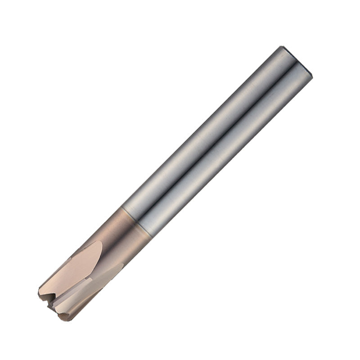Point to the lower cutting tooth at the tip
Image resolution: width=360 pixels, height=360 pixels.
point(63,315)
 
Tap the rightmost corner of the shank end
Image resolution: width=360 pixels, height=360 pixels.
point(312,74)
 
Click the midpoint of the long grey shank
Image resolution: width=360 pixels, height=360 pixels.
point(216,139)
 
